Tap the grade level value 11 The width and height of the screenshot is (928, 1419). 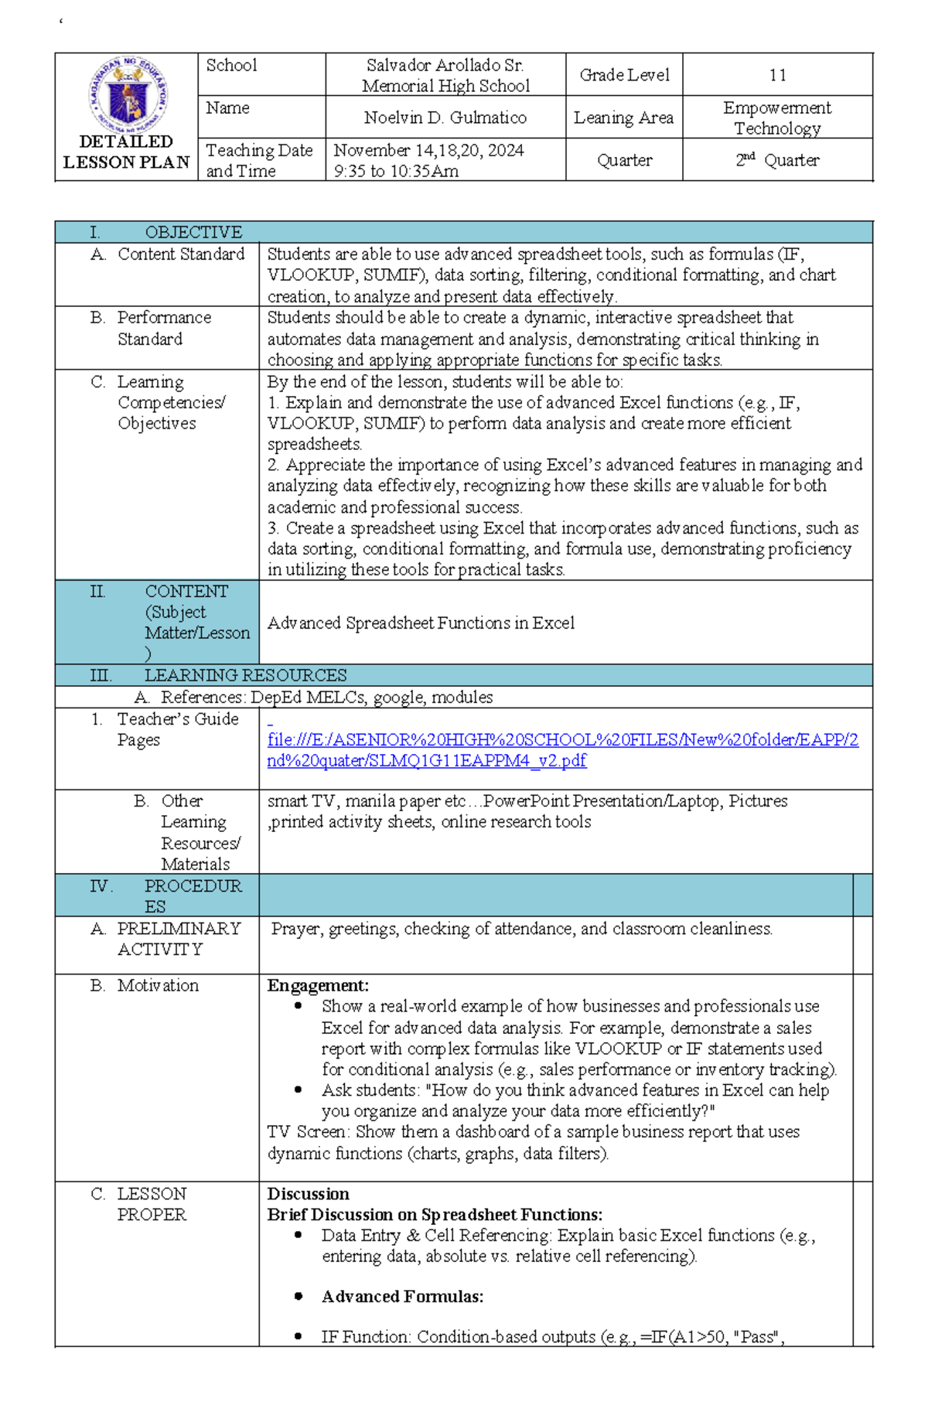(x=777, y=75)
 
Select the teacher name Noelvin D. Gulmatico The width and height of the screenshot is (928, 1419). (x=445, y=118)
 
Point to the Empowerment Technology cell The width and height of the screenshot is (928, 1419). (x=777, y=118)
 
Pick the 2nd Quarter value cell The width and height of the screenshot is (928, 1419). (x=777, y=160)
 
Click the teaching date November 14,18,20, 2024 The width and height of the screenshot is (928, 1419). (x=429, y=150)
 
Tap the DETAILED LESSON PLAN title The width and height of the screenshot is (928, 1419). (x=126, y=152)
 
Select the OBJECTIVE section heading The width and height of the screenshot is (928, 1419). (x=193, y=232)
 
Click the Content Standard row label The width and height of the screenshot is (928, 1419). (x=180, y=254)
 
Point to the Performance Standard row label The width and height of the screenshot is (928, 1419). (x=163, y=328)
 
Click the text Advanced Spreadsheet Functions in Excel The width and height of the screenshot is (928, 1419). (x=421, y=623)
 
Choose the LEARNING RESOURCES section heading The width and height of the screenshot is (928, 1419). (x=245, y=675)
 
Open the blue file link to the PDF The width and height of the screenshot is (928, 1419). (x=562, y=750)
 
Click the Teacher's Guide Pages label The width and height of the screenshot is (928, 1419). (x=177, y=729)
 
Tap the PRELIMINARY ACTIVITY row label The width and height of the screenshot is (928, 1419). (x=178, y=939)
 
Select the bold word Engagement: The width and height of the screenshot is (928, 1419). (x=318, y=985)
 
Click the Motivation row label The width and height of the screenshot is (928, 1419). (x=158, y=985)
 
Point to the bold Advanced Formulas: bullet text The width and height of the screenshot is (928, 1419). (x=402, y=1297)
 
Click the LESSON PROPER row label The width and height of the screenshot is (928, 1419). (x=152, y=1204)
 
